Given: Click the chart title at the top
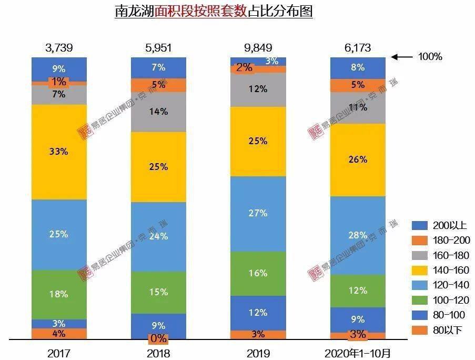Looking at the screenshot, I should (214, 12).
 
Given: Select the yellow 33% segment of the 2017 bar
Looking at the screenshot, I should (59, 152).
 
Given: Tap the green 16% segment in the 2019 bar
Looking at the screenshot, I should (258, 273).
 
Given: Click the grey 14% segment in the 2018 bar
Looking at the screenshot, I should (158, 112).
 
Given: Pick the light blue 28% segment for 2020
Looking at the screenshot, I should (358, 235).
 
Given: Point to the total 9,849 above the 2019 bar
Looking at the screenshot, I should (258, 48).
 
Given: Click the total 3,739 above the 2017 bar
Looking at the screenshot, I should (59, 48).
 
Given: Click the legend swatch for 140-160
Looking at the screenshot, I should (419, 270).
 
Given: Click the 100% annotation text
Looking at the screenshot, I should (430, 57).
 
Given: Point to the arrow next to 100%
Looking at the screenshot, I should (402, 56).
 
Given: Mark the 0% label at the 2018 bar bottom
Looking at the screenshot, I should (158, 338).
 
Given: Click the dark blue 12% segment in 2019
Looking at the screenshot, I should (258, 312).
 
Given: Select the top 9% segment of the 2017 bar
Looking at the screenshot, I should (59, 68).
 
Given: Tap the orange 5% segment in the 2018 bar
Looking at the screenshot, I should (158, 85).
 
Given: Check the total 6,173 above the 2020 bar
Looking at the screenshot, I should (358, 48).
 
